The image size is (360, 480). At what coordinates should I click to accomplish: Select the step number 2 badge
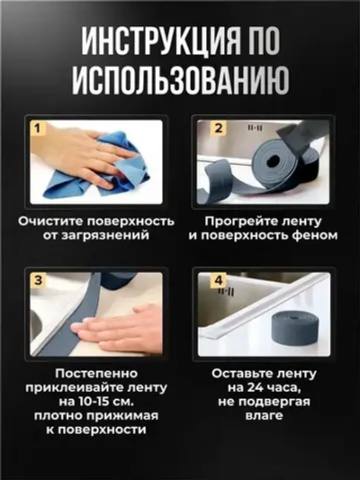click(216, 129)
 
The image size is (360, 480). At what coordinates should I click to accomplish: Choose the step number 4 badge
click(216, 281)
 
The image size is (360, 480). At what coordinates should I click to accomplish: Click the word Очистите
click(64, 219)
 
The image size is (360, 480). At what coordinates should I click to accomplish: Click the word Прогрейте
click(241, 219)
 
